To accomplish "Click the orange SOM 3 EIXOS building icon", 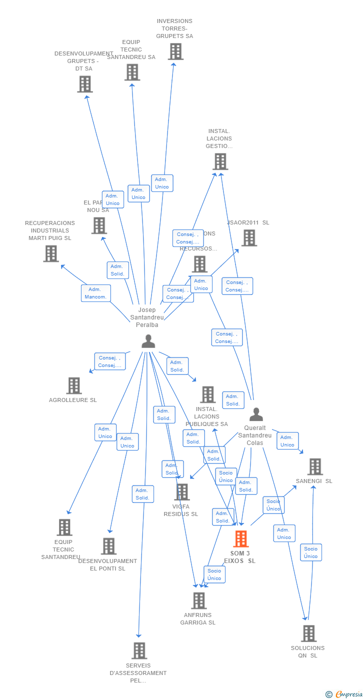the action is [x=241, y=539].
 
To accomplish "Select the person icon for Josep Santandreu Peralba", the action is [x=148, y=341].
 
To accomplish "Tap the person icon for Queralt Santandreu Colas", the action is [x=256, y=414].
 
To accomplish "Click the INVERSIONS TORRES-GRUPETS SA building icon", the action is [x=175, y=51].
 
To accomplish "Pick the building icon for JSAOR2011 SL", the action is [x=249, y=238].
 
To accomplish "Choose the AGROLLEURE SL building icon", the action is [x=74, y=385].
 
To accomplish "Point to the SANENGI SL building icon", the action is [x=315, y=466].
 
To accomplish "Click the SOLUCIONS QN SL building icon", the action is [x=308, y=633].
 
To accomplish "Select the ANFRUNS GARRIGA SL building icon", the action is [x=198, y=600].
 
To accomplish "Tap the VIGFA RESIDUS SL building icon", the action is [x=182, y=492].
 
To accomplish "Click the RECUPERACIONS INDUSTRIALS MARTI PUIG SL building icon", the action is [x=50, y=253].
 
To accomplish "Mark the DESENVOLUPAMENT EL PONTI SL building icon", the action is [x=108, y=546].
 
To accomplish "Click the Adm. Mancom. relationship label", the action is [x=95, y=293].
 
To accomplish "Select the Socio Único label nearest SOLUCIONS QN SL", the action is [x=310, y=552].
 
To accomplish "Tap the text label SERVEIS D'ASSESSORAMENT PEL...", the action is [x=138, y=673].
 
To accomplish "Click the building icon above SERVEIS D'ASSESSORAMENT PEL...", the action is [x=139, y=650].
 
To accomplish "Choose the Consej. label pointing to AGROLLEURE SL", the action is [x=109, y=361].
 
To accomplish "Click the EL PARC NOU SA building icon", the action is [x=99, y=225].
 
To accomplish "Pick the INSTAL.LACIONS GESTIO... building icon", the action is [x=220, y=161].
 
